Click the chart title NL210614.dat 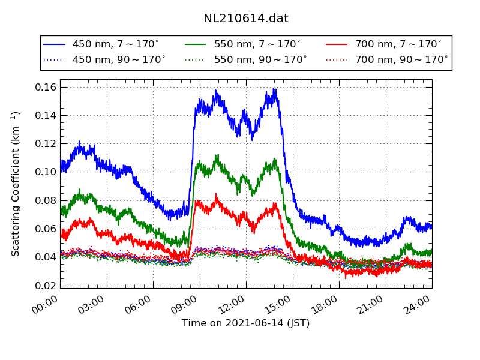tap(245, 19)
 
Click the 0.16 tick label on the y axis tap(46, 88)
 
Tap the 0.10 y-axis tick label tap(46, 172)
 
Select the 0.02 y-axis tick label tap(46, 286)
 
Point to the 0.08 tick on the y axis tap(46, 200)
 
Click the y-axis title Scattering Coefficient tap(16, 184)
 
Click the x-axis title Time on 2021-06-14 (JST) tap(245, 323)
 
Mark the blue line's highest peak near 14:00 tap(274, 89)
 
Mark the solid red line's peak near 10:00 tap(217, 194)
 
